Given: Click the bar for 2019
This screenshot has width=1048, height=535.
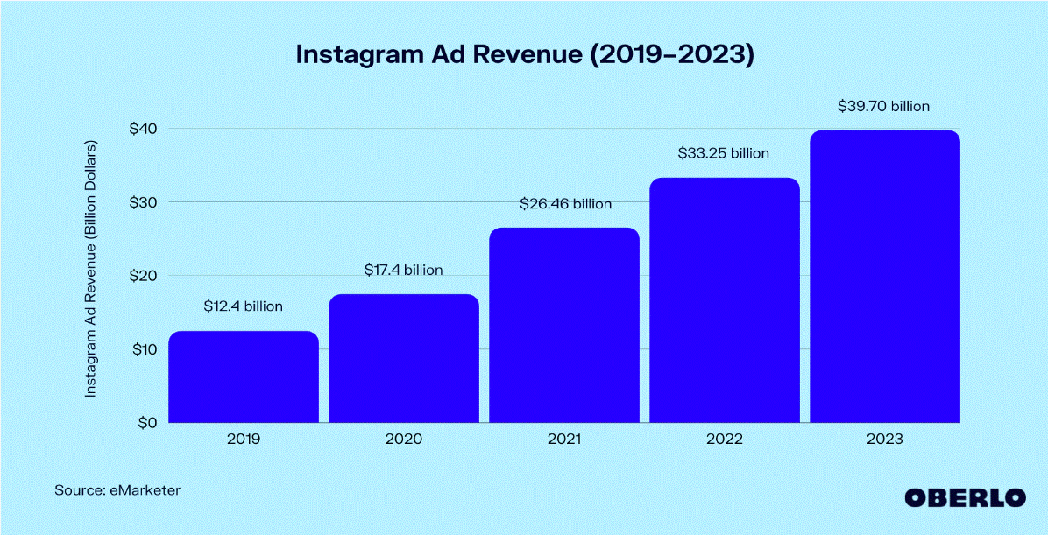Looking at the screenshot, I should pyautogui.click(x=243, y=377).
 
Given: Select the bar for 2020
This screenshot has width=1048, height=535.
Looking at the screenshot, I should pyautogui.click(x=403, y=358).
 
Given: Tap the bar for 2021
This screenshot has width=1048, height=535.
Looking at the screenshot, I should pyautogui.click(x=563, y=325).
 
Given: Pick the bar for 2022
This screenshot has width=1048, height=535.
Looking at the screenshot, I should pyautogui.click(x=724, y=299).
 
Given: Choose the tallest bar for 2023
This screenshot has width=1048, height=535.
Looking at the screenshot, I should pyautogui.click(x=884, y=276).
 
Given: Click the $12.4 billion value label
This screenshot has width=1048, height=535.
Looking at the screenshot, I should pyautogui.click(x=243, y=306).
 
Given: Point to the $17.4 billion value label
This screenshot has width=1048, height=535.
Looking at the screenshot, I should pyautogui.click(x=403, y=270).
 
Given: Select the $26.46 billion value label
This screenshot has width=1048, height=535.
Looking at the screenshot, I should pyautogui.click(x=563, y=204).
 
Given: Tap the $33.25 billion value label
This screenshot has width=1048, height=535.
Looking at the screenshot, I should pyautogui.click(x=724, y=153).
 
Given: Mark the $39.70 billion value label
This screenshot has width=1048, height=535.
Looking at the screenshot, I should pyautogui.click(x=884, y=106).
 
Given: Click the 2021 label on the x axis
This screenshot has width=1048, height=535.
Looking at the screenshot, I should pyautogui.click(x=563, y=439).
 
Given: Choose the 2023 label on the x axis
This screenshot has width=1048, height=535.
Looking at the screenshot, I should pyautogui.click(x=884, y=439).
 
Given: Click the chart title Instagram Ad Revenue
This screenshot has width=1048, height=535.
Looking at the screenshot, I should pyautogui.click(x=524, y=54).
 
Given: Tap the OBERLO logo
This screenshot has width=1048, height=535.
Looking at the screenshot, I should pyautogui.click(x=965, y=496).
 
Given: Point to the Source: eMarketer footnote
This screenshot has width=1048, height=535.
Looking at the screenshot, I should pyautogui.click(x=117, y=490).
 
